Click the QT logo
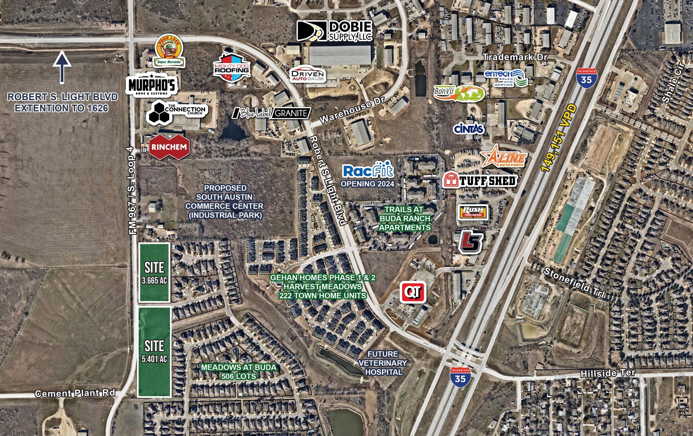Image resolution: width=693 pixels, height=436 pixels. [413, 292]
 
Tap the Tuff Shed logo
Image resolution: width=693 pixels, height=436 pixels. [480, 180]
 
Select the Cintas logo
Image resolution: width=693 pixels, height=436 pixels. [469, 129]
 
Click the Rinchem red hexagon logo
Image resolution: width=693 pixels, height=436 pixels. [169, 147]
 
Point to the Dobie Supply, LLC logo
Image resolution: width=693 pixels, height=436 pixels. [335, 31]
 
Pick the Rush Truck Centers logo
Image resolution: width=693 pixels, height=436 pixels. [473, 212]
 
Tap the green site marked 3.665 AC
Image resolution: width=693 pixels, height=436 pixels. [154, 272]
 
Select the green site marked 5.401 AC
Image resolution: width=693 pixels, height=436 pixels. [154, 352]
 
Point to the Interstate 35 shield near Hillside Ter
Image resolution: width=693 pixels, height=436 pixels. [460, 377]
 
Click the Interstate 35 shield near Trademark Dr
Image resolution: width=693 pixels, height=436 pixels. [587, 78]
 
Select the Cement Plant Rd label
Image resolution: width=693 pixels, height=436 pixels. [75, 393]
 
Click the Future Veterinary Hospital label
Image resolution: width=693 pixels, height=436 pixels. [383, 363]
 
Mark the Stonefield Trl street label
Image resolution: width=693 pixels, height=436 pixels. [574, 282]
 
